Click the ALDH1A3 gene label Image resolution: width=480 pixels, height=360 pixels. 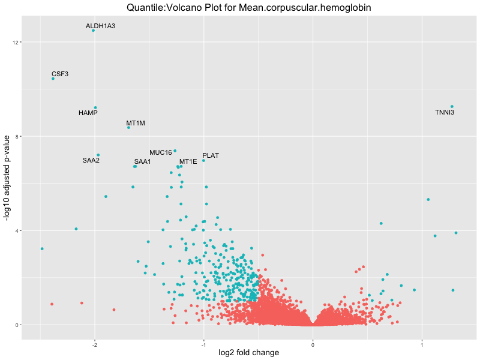click(100, 26)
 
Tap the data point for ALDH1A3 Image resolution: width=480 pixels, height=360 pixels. click(93, 31)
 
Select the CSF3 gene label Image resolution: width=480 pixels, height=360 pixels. click(60, 74)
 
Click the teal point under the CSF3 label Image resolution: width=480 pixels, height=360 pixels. click(53, 79)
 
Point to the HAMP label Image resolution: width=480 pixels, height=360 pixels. click(88, 113)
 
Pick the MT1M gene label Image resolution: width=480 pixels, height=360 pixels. click(136, 123)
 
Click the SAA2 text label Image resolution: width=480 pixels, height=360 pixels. click(91, 160)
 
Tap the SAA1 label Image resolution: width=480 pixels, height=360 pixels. click(142, 161)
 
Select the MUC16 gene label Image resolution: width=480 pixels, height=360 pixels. click(161, 152)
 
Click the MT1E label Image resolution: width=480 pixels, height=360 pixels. click(188, 161)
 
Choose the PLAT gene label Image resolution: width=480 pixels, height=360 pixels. click(211, 155)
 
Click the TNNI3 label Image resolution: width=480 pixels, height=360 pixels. click(445, 112)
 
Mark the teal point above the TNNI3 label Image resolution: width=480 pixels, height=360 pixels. click(452, 107)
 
